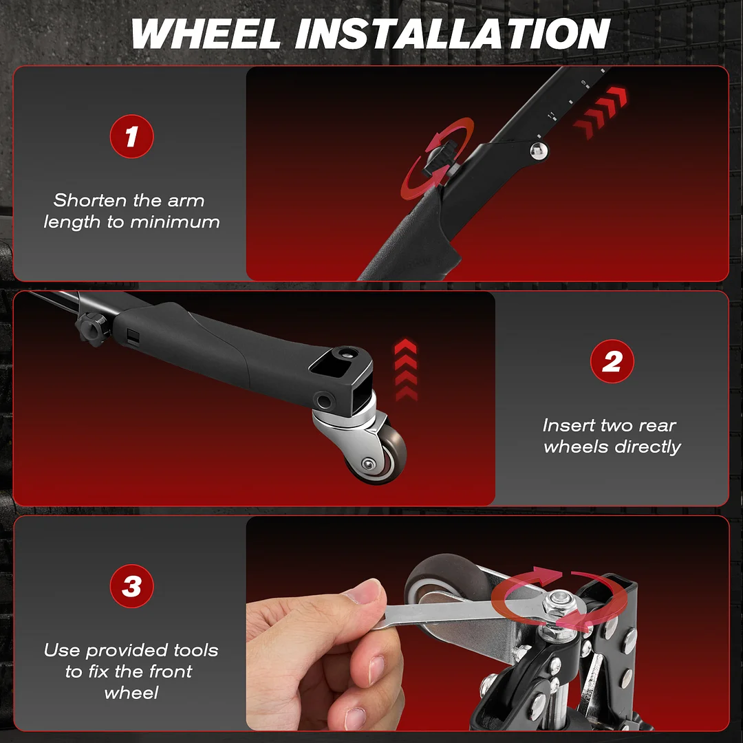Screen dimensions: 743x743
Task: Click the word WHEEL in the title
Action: pyautogui.click(x=206, y=34)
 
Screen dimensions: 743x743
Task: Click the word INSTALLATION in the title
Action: pyautogui.click(x=453, y=34)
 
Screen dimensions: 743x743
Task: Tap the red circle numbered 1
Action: pyautogui.click(x=131, y=136)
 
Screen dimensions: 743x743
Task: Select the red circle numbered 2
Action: pyautogui.click(x=612, y=361)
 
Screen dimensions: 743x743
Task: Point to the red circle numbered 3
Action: pyautogui.click(x=131, y=586)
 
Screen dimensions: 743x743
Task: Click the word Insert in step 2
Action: pyautogui.click(x=568, y=425)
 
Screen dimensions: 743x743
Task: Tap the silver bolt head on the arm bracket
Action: pyautogui.click(x=538, y=151)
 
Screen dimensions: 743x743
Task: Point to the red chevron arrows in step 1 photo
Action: pyautogui.click(x=600, y=113)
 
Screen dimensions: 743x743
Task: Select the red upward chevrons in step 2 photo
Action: pyautogui.click(x=406, y=370)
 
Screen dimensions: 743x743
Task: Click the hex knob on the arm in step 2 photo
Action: pyautogui.click(x=92, y=327)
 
